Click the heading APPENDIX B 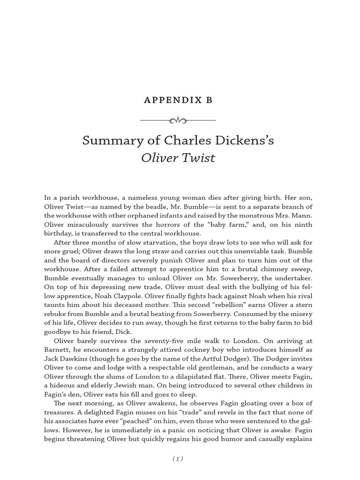(x=178, y=100)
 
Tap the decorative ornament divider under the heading (x=178, y=120)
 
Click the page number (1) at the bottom (x=178, y=459)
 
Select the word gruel (x=70, y=251)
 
